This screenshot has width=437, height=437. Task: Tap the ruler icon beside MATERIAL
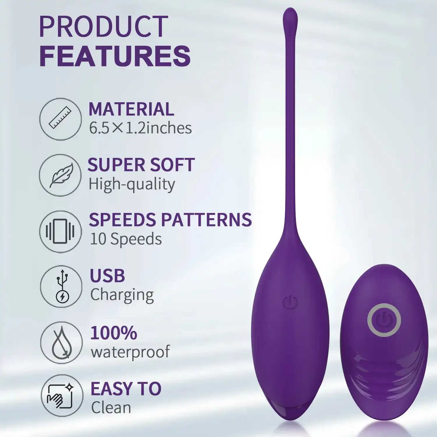point(61,119)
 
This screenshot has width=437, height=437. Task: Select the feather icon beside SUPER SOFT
point(61,175)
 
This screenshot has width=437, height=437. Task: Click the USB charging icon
point(61,286)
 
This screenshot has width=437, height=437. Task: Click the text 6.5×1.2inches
point(140,128)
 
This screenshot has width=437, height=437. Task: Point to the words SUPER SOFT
point(141,165)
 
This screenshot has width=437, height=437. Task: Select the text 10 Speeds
point(126,239)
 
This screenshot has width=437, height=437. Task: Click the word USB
point(107,276)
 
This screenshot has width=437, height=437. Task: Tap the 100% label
point(113,333)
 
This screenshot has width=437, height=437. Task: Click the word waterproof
point(130,352)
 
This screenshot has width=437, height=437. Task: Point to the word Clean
point(111,408)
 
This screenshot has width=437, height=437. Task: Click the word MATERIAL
point(131,109)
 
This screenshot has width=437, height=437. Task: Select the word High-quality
point(132,184)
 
